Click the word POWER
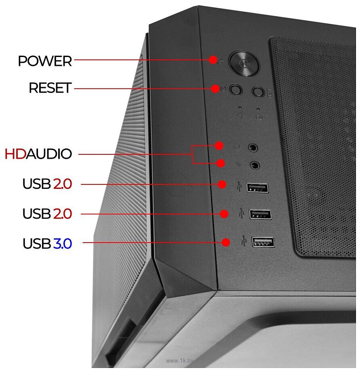(x=45, y=61)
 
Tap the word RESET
(x=50, y=88)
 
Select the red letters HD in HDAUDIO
(x=15, y=154)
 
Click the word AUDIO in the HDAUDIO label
(x=49, y=154)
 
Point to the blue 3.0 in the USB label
(x=62, y=244)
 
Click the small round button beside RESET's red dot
(x=236, y=90)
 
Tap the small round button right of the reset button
(x=257, y=92)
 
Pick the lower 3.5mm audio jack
(x=255, y=165)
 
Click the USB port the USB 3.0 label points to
(x=263, y=242)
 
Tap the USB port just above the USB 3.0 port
(x=260, y=214)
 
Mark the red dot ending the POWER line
(x=213, y=60)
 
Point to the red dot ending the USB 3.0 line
(x=226, y=243)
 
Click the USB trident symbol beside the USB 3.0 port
(x=243, y=240)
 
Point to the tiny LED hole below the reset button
(x=240, y=108)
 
